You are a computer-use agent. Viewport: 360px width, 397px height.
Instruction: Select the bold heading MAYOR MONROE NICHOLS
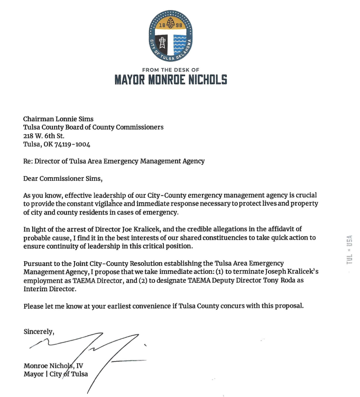pos(171,80)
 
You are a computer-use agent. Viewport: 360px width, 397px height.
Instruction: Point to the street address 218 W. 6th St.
pos(44,135)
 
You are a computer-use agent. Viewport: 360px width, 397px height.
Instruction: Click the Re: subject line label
pos(28,161)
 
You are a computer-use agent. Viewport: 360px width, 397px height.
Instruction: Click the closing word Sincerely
pos(39,331)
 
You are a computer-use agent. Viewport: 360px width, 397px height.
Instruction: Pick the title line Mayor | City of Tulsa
pos(56,374)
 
